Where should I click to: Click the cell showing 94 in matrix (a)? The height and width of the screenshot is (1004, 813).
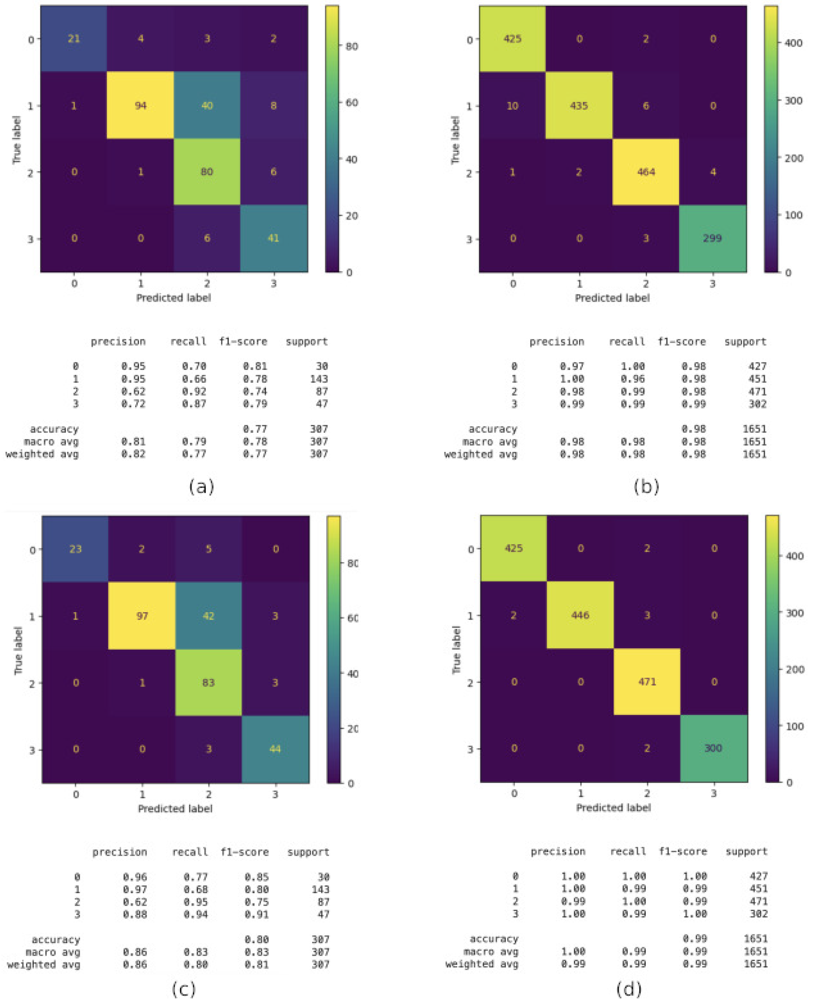click(140, 106)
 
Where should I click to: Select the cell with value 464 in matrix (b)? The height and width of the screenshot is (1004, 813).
click(646, 172)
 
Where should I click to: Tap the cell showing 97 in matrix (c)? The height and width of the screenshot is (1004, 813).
click(142, 616)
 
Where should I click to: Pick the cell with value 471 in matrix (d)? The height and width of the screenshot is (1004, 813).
click(647, 682)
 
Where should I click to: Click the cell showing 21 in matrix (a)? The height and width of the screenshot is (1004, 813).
click(74, 39)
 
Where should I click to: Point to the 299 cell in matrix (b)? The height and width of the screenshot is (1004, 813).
click(712, 238)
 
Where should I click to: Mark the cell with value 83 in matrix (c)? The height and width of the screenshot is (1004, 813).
click(208, 683)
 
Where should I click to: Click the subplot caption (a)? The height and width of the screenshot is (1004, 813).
click(201, 487)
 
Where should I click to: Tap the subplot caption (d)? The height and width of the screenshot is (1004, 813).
click(629, 989)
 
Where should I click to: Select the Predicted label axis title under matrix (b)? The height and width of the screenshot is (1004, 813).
click(612, 298)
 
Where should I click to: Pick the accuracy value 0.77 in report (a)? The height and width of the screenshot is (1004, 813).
click(255, 429)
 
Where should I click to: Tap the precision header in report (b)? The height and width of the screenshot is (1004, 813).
click(557, 342)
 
